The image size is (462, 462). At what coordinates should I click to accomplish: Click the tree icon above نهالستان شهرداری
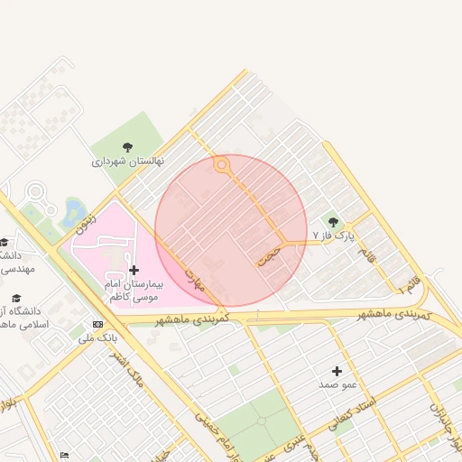click(x=127, y=147)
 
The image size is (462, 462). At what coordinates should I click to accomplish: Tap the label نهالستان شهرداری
click(x=128, y=162)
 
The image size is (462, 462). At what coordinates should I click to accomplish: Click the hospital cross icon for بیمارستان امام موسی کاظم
click(x=134, y=270)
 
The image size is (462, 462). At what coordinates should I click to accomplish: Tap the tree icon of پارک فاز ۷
click(x=333, y=222)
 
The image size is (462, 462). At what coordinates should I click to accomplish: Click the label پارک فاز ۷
click(x=334, y=236)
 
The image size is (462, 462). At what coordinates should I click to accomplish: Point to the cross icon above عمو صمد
click(x=337, y=371)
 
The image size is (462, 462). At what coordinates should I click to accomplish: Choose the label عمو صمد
click(x=337, y=384)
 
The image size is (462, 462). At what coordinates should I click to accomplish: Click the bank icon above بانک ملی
click(x=97, y=324)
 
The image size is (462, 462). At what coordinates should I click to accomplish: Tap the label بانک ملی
click(x=97, y=338)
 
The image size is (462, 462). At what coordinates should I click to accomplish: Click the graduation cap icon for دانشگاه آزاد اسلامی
click(x=15, y=298)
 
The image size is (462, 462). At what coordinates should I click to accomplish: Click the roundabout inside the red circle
click(x=221, y=164)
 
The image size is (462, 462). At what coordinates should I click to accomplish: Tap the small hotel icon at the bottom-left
click(x=63, y=456)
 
